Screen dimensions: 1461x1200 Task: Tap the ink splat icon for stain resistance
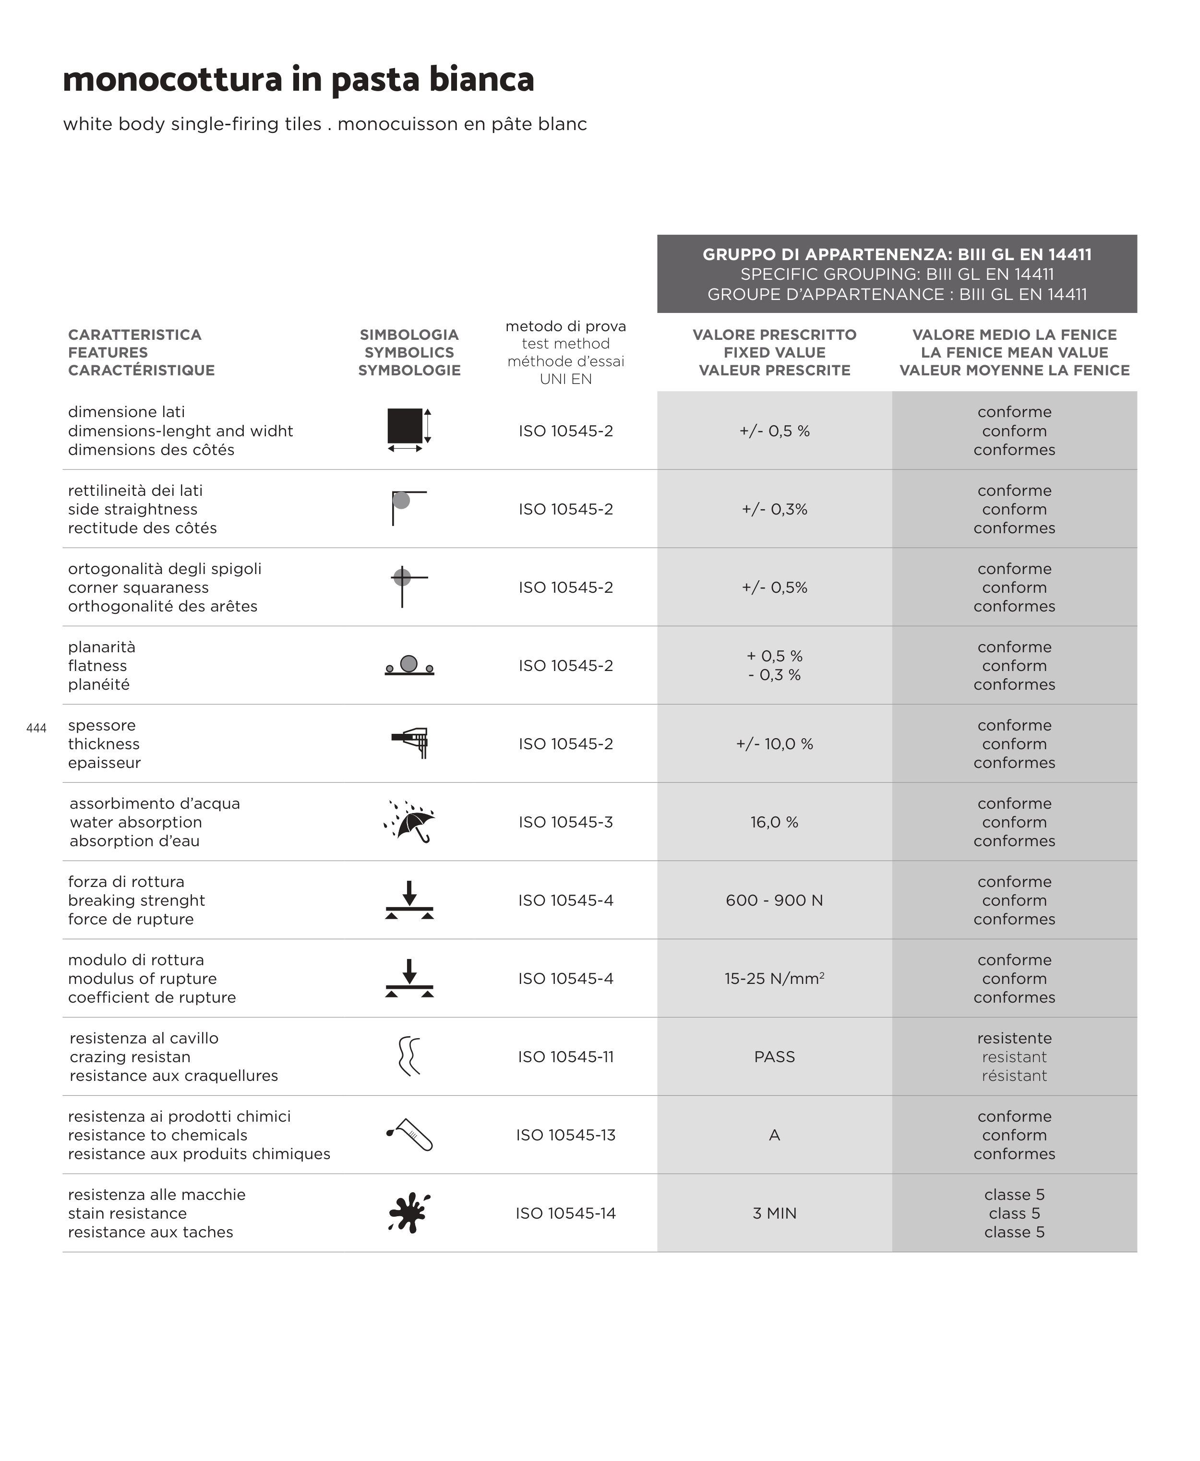(x=409, y=1213)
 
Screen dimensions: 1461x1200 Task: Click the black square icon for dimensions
(x=405, y=426)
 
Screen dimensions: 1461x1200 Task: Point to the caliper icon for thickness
(x=410, y=742)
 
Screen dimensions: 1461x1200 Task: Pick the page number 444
(x=36, y=728)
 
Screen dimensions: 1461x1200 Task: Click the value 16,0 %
(x=774, y=822)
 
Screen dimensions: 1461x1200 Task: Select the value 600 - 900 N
(x=774, y=900)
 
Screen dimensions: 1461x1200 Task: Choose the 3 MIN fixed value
(x=774, y=1213)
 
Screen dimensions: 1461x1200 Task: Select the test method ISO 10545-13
(x=565, y=1135)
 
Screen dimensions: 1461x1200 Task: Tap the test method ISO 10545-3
(x=565, y=822)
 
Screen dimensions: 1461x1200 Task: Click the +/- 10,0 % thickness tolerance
(x=774, y=743)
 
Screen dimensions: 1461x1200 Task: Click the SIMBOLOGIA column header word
(x=409, y=335)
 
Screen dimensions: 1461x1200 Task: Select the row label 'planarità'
(x=102, y=647)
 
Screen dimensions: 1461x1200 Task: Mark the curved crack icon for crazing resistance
(x=409, y=1056)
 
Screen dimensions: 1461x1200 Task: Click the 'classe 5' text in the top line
(x=1014, y=1194)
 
